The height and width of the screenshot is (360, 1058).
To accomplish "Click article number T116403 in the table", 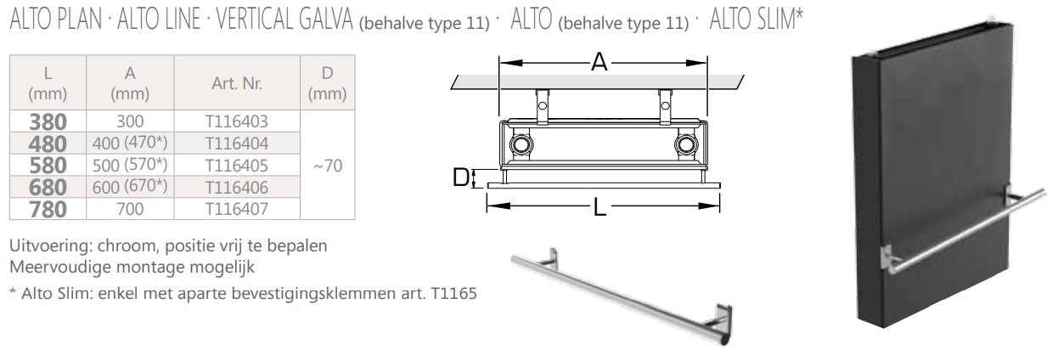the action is point(237,121).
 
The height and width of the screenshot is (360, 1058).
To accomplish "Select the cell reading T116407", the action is point(237,209).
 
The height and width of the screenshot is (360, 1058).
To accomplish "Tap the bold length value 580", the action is point(48,166).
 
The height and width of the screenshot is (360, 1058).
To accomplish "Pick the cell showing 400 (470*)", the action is point(130,143).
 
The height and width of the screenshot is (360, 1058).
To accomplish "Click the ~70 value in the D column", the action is point(327,166).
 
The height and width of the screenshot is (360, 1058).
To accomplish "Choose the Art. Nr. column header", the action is point(237,83).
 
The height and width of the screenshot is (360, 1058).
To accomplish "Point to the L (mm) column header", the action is point(48,83).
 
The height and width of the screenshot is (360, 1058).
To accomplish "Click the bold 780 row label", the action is point(48,209).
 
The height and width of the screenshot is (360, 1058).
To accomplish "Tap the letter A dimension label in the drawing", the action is point(599,62).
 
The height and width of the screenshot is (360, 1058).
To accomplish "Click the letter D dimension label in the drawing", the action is point(461,177).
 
